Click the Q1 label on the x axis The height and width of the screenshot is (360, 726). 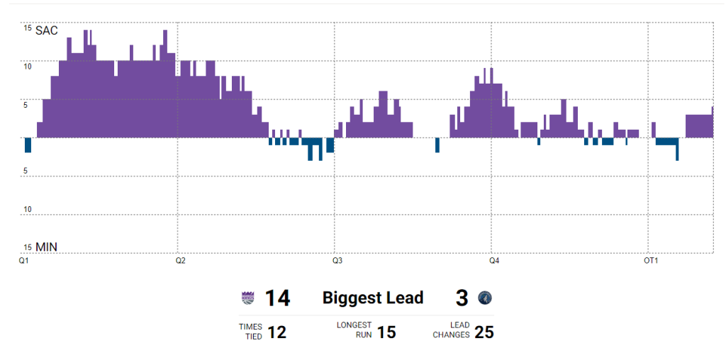(x=23, y=261)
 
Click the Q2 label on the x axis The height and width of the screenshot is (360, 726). (x=180, y=261)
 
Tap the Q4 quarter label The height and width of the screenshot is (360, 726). (x=494, y=261)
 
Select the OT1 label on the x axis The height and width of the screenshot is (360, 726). (x=650, y=261)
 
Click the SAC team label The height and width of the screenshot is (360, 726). (x=47, y=30)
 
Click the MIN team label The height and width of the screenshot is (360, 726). (x=47, y=247)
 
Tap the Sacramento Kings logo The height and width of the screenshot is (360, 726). (x=247, y=298)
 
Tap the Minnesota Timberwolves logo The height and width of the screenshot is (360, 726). (x=485, y=298)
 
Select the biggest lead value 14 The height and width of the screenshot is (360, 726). (x=277, y=298)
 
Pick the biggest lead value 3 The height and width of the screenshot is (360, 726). (x=462, y=298)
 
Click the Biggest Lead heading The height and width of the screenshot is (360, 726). (x=373, y=298)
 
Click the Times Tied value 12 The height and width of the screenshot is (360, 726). (x=277, y=332)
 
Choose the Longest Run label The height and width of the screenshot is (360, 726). (x=354, y=330)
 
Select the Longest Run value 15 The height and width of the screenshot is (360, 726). (x=386, y=332)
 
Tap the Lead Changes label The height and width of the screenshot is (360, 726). (x=451, y=330)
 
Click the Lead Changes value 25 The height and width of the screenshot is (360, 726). (x=484, y=332)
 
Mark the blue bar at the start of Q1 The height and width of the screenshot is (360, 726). (x=28, y=145)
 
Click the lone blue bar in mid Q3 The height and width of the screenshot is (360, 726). (x=437, y=145)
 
